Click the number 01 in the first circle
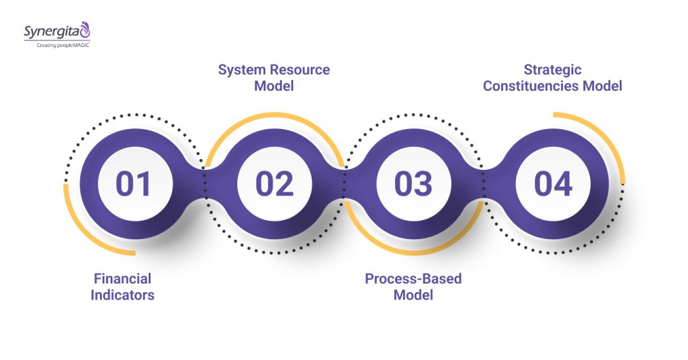tap(134, 183)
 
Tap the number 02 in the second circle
tap(274, 183)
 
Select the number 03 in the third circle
tap(414, 183)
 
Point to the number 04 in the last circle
tap(554, 183)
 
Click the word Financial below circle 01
tap(122, 278)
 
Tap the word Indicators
tap(122, 295)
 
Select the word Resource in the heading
tap(300, 70)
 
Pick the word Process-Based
tap(413, 278)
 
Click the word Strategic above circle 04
tap(553, 69)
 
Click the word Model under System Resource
tap(274, 86)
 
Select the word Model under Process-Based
tap(413, 295)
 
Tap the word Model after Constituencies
tap(603, 86)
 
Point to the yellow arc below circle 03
tap(413, 253)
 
